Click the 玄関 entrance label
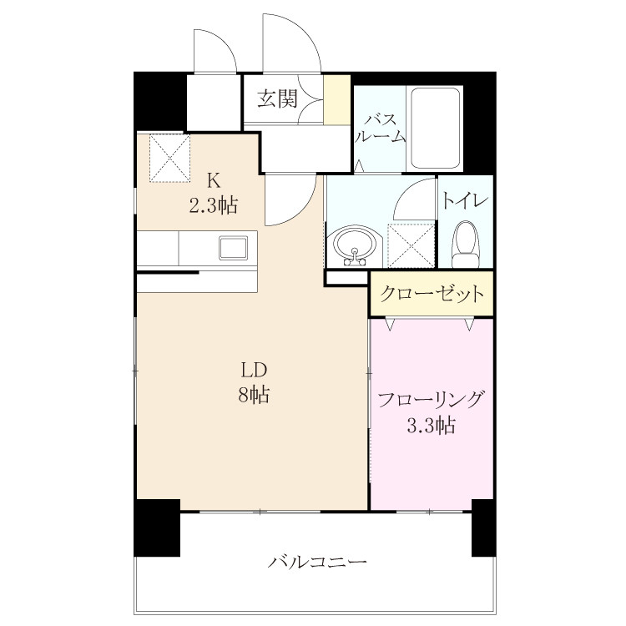(x=277, y=98)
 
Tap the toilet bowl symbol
(x=465, y=245)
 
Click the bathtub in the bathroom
(x=435, y=129)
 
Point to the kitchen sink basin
(x=233, y=248)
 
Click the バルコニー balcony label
(x=316, y=563)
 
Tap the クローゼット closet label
(x=432, y=294)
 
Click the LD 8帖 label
(x=254, y=382)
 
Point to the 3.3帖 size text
(x=431, y=425)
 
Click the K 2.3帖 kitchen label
(x=213, y=194)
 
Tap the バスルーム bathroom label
(x=381, y=129)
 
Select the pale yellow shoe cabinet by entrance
(x=337, y=99)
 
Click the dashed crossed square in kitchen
(x=169, y=158)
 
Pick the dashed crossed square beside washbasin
(x=411, y=245)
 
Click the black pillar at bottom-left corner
(x=157, y=528)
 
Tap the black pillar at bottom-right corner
(x=484, y=528)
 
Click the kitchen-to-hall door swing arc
(x=304, y=212)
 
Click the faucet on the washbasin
(x=355, y=258)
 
